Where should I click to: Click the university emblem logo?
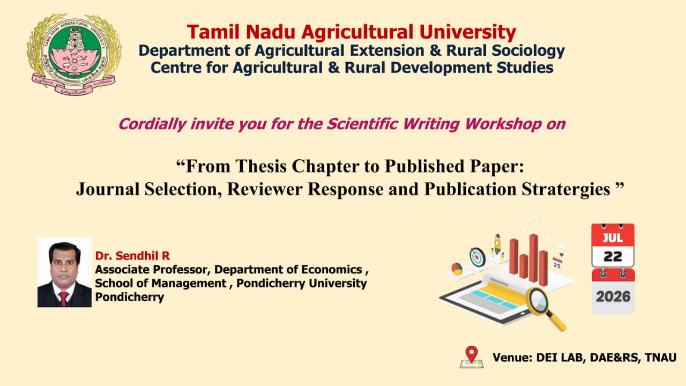click(74, 54)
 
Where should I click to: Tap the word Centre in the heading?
click(175, 68)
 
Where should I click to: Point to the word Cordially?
click(153, 124)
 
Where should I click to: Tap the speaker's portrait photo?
click(65, 272)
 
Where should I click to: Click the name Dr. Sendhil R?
click(132, 256)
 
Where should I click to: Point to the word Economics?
click(332, 270)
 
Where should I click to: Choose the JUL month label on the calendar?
click(613, 238)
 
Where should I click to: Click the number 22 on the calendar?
click(613, 257)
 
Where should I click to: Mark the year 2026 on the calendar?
click(613, 296)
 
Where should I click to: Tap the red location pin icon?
click(472, 354)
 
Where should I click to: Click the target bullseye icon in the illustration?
click(478, 257)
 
